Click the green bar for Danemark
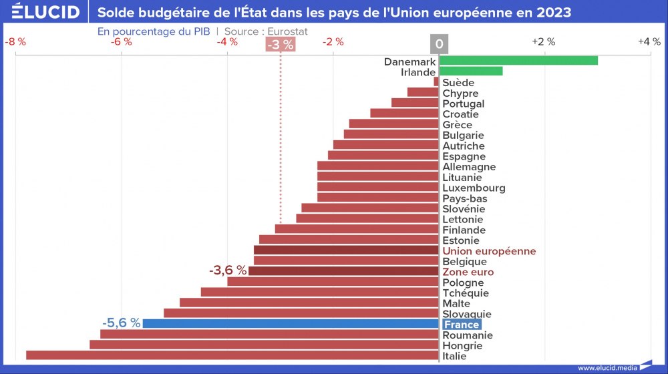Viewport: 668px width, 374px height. [x=518, y=61]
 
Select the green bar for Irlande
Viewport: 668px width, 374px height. [x=470, y=71]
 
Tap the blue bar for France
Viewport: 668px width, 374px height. [x=291, y=324]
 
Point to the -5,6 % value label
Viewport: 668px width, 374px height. [x=122, y=323]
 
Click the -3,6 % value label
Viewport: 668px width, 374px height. [x=228, y=270]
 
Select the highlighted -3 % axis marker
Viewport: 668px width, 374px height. [x=280, y=45]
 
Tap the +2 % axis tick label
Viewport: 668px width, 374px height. [x=543, y=41]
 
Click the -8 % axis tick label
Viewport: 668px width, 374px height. [x=15, y=41]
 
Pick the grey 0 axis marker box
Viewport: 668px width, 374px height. [x=439, y=45]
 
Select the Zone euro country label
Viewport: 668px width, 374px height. [x=468, y=272]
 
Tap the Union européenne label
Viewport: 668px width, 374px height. [x=489, y=251]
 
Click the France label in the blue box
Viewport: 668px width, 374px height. [x=462, y=325]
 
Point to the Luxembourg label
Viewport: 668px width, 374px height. [x=474, y=188]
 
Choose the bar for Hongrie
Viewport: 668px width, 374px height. [x=264, y=345]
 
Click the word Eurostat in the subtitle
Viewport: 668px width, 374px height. [x=289, y=31]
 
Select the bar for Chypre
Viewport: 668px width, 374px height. [x=423, y=92]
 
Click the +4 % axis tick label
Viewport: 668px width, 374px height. [x=649, y=41]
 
